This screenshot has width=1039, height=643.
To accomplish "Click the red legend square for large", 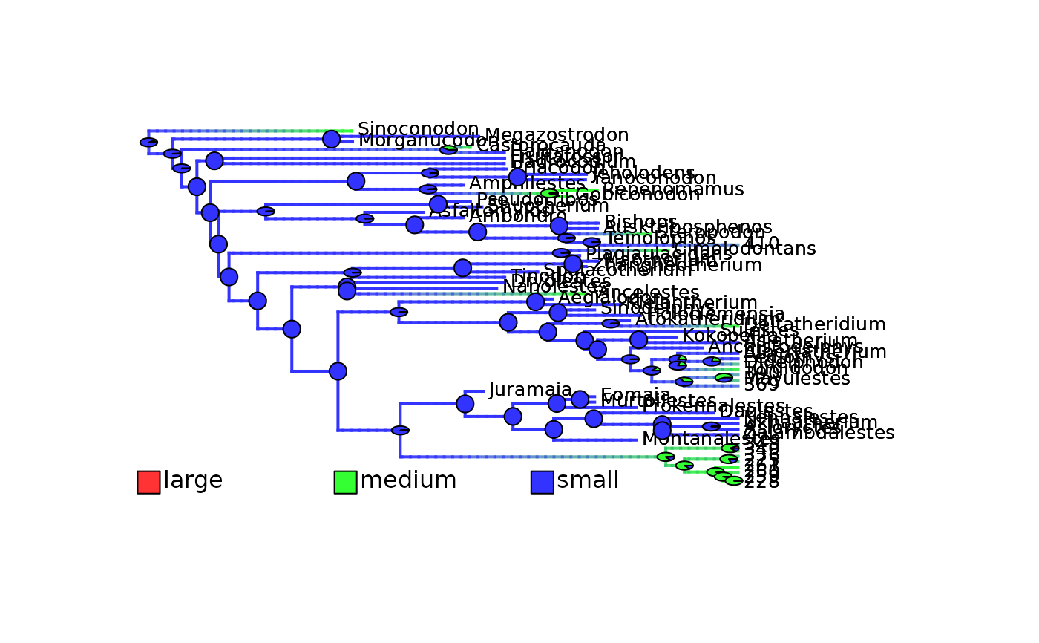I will coord(148,482).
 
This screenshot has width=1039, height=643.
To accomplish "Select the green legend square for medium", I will coord(345,482).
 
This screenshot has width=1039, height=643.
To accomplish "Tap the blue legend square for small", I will coord(542,482).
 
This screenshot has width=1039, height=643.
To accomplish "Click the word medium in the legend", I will coord(408,481).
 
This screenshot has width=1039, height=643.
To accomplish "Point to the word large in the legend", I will coord(193,481).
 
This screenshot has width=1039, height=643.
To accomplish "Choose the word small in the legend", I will coord(588,481).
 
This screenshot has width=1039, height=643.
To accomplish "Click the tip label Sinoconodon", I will coord(418,129).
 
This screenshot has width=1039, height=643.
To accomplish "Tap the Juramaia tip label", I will coord(530,390).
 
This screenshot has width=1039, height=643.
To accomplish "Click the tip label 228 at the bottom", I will coord(761,483).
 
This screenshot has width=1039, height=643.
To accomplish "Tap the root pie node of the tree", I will coord(148,142).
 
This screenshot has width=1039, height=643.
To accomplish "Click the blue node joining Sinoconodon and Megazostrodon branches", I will coord(331,139).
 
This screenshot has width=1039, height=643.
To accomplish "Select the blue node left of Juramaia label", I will coord(465,403).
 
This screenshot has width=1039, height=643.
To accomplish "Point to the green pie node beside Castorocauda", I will coord(448,149).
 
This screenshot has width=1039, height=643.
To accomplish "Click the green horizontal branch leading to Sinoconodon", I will coord(312,131).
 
